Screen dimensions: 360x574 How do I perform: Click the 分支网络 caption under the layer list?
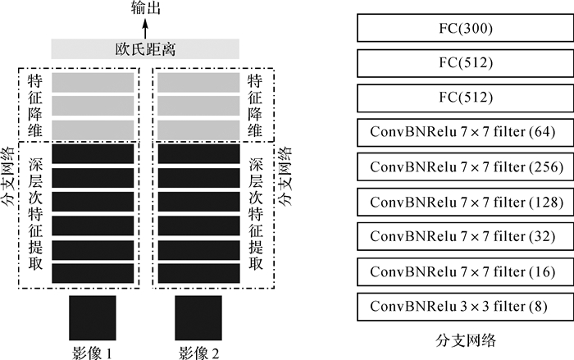pyautogui.click(x=465, y=338)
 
